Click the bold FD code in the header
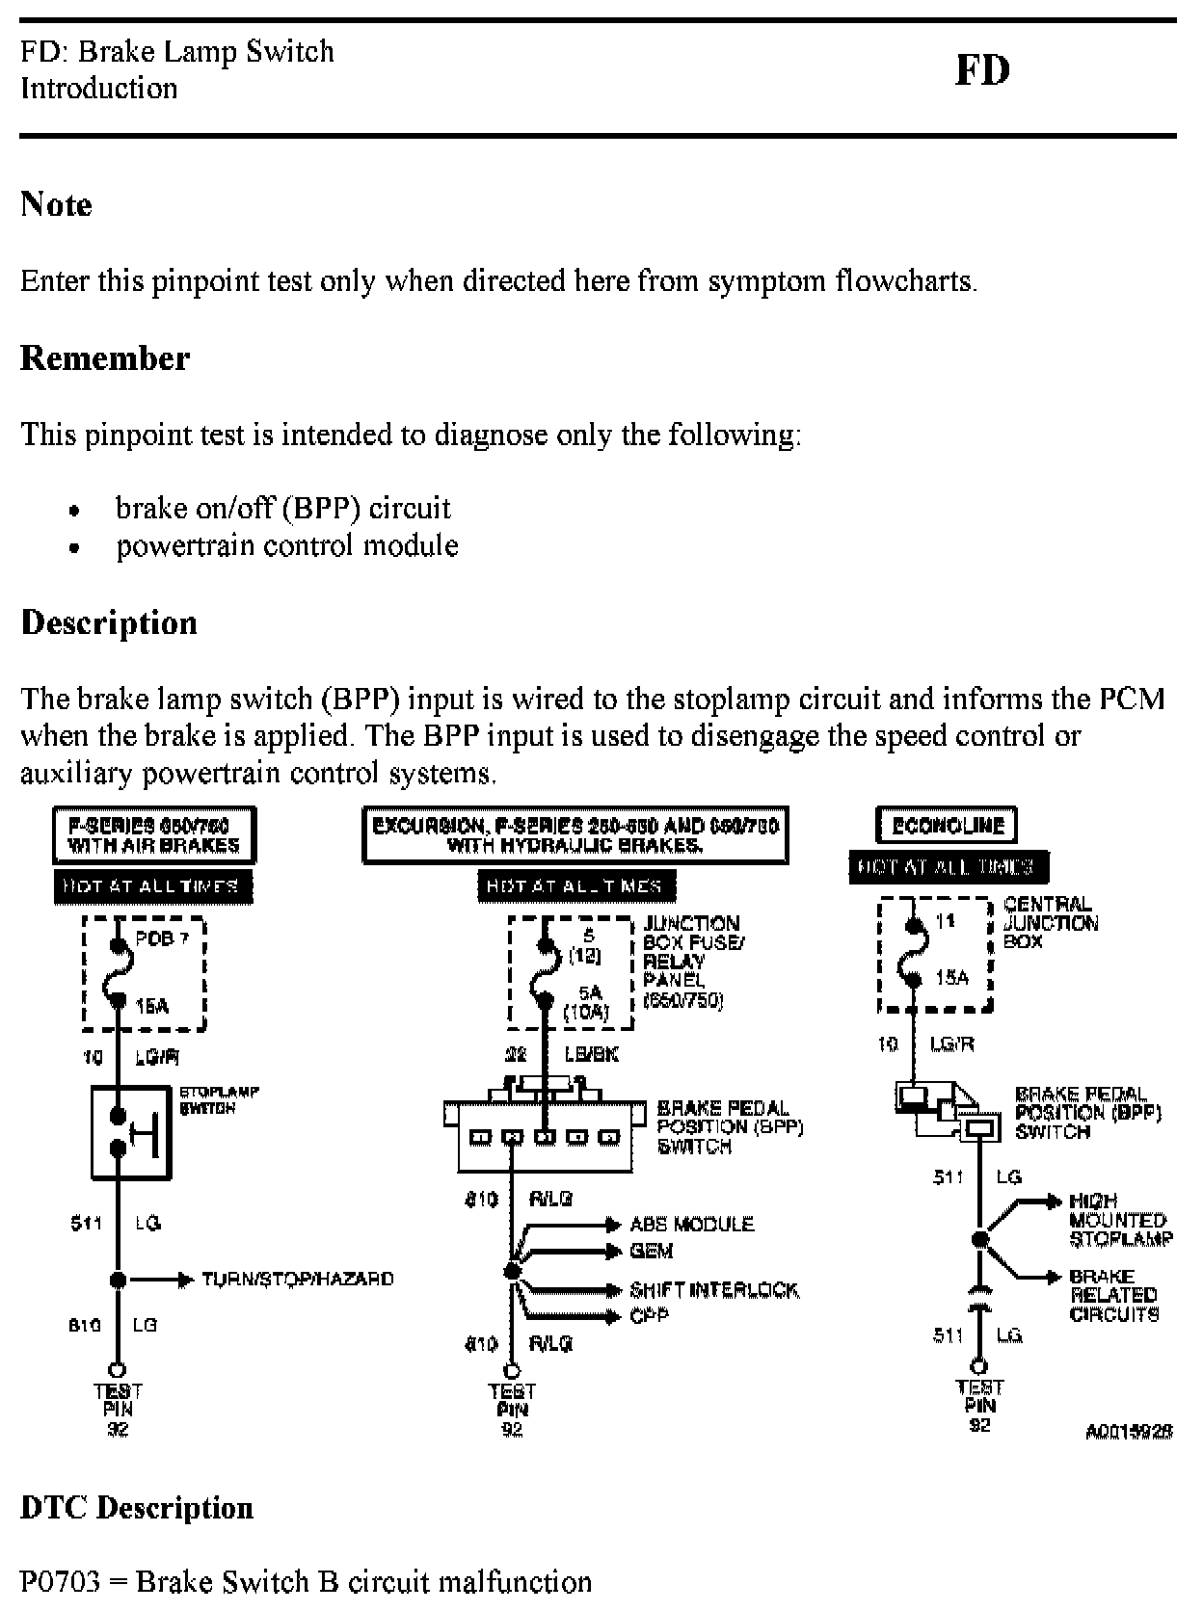[982, 70]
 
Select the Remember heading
[105, 358]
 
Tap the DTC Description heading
[137, 1507]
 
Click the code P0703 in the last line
[60, 1582]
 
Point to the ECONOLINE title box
[948, 826]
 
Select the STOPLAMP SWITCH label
[219, 1100]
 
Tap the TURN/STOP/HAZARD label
[297, 1279]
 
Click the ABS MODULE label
[691, 1225]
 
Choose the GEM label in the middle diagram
[652, 1251]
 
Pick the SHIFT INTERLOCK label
[714, 1290]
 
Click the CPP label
[649, 1315]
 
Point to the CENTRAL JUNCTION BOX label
[1050, 923]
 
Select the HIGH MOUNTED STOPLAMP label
[1121, 1220]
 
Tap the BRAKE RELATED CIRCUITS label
[1113, 1295]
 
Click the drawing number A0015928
[1129, 1432]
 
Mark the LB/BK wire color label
[591, 1055]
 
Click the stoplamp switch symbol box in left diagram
[131, 1132]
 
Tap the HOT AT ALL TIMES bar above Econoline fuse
[949, 867]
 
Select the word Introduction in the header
[99, 89]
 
